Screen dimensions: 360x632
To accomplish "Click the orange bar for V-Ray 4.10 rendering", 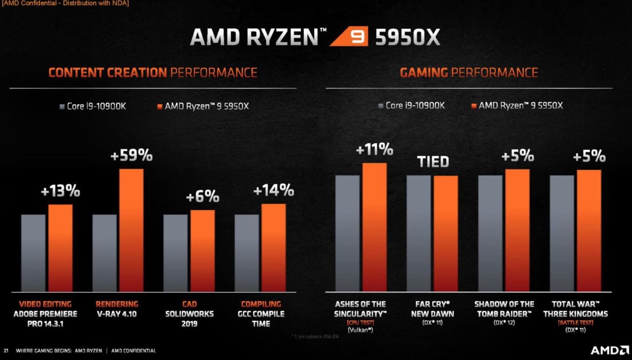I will click(131, 230).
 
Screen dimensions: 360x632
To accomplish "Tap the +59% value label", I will click(131, 156).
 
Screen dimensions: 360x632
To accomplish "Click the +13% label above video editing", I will click(60, 191).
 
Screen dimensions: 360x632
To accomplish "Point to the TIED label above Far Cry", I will click(433, 161).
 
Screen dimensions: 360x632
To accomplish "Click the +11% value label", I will click(375, 149).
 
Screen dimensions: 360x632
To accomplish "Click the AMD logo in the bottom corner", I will click(609, 350).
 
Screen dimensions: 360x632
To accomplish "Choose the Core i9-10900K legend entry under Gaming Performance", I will click(412, 106).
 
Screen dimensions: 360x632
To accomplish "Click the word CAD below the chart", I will click(190, 304).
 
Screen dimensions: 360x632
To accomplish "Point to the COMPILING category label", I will click(261, 304).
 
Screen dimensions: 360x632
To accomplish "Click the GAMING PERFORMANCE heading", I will click(469, 73).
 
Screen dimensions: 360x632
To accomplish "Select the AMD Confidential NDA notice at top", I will click(65, 4).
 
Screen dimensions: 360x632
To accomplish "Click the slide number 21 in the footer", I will click(6, 351).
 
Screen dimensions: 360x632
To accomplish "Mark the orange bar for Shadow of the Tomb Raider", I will click(517, 230).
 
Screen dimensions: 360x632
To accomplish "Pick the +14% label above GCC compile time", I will click(273, 191).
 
